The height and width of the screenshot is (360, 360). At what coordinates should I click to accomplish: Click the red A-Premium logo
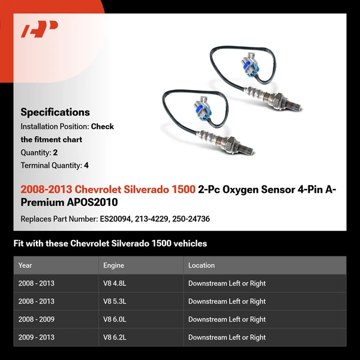pyautogui.click(x=40, y=29)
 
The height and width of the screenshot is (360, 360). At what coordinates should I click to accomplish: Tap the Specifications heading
pyautogui.click(x=55, y=112)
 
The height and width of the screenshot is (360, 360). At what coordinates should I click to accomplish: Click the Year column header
pyautogui.click(x=25, y=265)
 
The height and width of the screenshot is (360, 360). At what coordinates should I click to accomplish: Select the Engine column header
pyautogui.click(x=115, y=265)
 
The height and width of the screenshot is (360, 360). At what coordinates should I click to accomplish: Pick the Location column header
pyautogui.click(x=202, y=265)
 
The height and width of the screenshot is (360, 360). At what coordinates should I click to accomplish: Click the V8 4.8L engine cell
pyautogui.click(x=116, y=283)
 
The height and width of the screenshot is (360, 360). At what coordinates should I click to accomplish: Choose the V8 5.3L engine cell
pyautogui.click(x=116, y=301)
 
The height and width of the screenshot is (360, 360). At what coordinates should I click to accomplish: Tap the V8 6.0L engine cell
pyautogui.click(x=116, y=319)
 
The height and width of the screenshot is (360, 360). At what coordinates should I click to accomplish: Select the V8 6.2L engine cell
pyautogui.click(x=116, y=337)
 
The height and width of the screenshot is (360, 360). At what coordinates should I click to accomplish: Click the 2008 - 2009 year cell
pyautogui.click(x=36, y=319)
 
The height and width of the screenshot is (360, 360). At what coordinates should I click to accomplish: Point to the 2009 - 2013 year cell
pyautogui.click(x=36, y=337)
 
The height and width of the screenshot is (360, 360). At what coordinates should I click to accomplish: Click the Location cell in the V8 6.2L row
pyautogui.click(x=227, y=337)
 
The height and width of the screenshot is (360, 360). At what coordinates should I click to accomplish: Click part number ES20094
pyautogui.click(x=116, y=219)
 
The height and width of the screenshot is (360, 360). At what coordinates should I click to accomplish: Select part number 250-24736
pyautogui.click(x=191, y=219)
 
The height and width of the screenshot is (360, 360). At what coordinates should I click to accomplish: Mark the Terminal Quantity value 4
pyautogui.click(x=86, y=166)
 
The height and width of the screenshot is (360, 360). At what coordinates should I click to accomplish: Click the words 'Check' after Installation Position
pyautogui.click(x=103, y=127)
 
